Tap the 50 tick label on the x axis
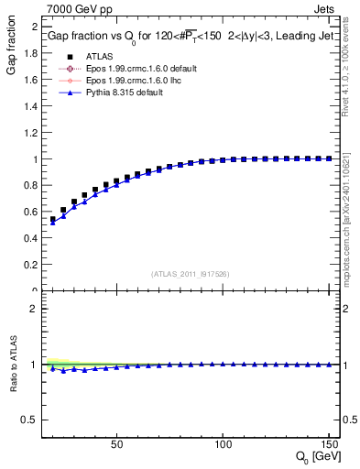[x=116, y=444]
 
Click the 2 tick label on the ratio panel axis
[x=32, y=309]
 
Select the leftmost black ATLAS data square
[x=53, y=220]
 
